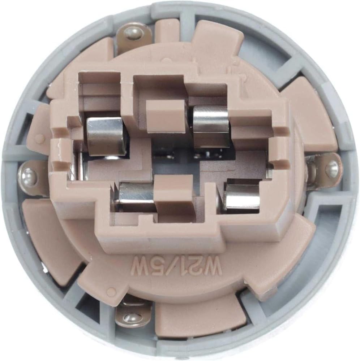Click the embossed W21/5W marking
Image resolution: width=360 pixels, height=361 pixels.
coord(176,265)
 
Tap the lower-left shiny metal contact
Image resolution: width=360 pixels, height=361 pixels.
coord(136,193)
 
